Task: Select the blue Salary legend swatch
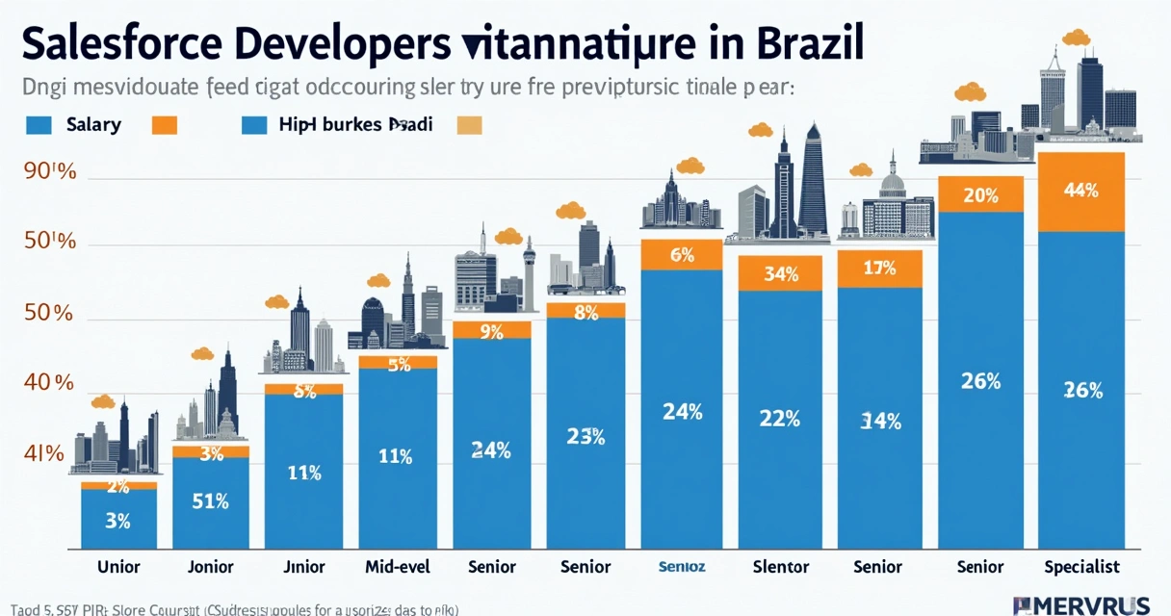pos(38,125)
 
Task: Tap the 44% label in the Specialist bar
pos(1081,191)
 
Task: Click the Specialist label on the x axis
pos(1081,567)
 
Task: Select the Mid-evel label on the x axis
pos(396,567)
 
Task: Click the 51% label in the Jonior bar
pos(210,500)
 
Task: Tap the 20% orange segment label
pos(979,195)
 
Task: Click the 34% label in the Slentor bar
pos(780,273)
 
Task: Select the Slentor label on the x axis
pos(780,567)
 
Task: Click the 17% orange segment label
pos(880,269)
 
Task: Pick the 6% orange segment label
pos(682,255)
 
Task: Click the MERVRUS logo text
pos(1082,604)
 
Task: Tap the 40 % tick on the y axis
pos(49,382)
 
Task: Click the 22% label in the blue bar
pos(780,418)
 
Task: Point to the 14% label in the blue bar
pos(880,421)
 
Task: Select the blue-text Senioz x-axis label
pos(682,567)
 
